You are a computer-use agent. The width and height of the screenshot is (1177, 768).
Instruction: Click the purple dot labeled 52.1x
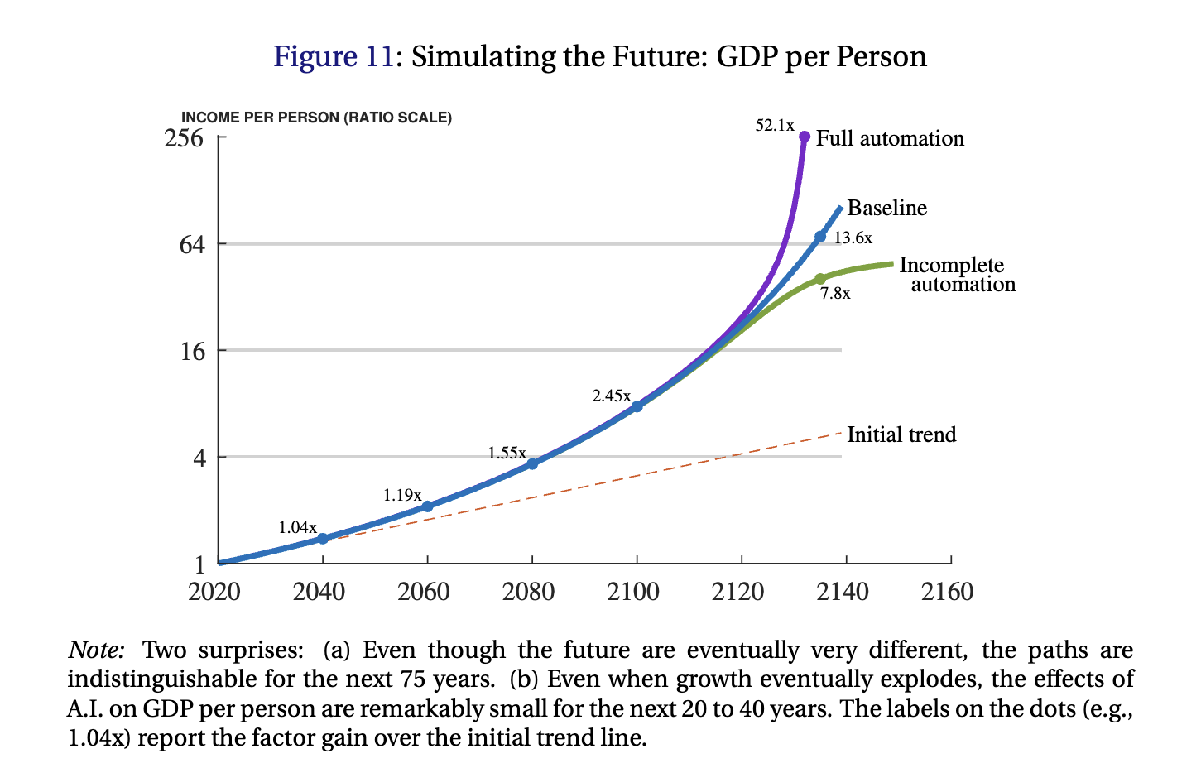(805, 137)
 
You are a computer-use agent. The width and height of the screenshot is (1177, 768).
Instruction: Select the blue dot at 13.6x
(820, 237)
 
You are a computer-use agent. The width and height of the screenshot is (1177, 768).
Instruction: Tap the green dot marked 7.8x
(819, 279)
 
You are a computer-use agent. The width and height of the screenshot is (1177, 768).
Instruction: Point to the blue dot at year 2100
(637, 406)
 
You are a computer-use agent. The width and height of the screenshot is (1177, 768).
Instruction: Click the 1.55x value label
(507, 453)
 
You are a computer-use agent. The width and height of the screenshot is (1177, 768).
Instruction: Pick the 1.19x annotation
(402, 495)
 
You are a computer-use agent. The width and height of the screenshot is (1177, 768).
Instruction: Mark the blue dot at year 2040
(323, 538)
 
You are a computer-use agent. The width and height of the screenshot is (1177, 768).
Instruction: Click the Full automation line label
(890, 138)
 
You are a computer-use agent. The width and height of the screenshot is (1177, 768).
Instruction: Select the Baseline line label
(886, 208)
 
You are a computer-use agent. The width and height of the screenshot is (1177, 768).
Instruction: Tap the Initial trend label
(901, 434)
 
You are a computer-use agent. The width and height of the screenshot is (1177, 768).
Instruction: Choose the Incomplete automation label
(957, 275)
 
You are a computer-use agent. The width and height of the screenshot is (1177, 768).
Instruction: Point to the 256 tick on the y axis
(184, 137)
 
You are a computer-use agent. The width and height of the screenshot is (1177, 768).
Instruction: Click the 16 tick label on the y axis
(192, 351)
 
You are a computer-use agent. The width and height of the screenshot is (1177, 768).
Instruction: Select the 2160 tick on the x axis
(948, 592)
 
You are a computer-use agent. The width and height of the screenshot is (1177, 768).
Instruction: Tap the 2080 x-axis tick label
(529, 592)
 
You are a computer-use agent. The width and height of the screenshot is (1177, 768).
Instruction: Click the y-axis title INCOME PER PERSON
(316, 118)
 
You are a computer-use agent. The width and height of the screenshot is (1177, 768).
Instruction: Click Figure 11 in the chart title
(334, 56)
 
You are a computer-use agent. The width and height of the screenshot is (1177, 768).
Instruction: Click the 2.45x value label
(611, 396)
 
